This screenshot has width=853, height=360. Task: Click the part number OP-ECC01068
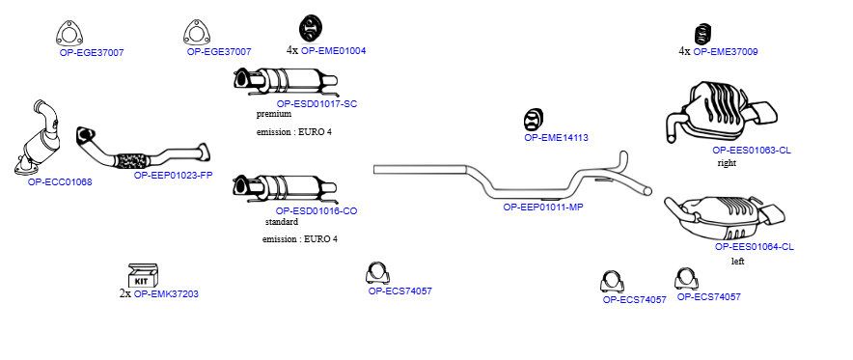coord(60,182)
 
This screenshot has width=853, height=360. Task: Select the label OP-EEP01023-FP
coord(173,175)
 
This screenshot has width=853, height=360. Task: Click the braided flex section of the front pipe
coord(131,160)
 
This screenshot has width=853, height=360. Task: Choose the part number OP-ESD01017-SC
coord(316,104)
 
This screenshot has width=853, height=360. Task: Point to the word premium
coord(274,114)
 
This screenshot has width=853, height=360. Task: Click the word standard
coord(281,222)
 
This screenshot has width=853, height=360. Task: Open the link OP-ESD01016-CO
coord(316,211)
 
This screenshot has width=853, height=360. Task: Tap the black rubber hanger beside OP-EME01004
coord(311,28)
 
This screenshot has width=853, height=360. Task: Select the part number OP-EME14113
coord(556,138)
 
